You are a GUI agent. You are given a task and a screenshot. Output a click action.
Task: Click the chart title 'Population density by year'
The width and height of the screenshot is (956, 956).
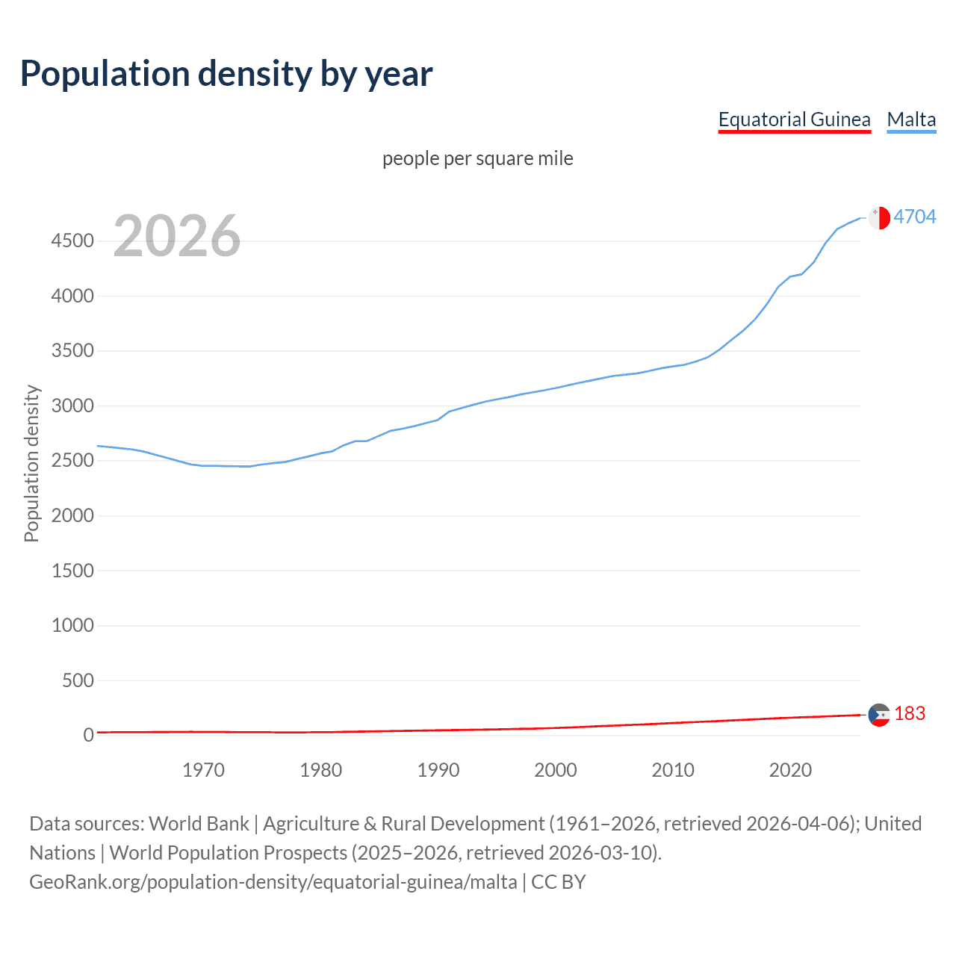(226, 74)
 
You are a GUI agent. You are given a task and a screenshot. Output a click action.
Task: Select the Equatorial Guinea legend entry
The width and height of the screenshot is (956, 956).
(794, 119)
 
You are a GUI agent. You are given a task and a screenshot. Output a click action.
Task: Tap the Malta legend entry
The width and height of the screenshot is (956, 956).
(911, 119)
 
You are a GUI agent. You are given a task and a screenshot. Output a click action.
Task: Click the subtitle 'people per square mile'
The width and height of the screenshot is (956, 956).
(477, 158)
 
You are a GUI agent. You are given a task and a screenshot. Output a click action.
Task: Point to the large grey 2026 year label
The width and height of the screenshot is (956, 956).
(177, 236)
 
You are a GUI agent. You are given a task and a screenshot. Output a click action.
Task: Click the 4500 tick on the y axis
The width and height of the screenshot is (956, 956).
(72, 241)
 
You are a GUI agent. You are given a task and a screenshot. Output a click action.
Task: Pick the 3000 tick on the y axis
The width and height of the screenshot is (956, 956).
(72, 406)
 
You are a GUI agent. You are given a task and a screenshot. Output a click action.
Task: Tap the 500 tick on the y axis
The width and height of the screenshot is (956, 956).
(78, 680)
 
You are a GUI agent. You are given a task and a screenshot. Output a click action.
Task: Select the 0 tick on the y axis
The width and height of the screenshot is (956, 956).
(88, 735)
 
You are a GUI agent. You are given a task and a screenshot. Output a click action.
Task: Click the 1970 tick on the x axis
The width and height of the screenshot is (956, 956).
(203, 770)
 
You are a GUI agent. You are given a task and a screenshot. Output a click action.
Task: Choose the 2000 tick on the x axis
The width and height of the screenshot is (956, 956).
(555, 770)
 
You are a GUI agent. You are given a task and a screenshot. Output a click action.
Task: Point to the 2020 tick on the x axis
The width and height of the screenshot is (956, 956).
(790, 770)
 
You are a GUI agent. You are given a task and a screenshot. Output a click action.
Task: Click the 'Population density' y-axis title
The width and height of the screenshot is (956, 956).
(31, 463)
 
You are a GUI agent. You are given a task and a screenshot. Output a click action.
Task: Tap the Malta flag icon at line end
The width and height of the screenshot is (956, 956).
(879, 217)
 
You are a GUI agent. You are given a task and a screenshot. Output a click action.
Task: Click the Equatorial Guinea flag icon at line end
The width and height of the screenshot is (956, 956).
(879, 715)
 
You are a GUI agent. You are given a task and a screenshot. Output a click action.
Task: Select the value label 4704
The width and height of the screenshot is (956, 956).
(914, 217)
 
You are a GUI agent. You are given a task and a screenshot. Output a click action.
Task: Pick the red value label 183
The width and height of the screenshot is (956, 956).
(909, 714)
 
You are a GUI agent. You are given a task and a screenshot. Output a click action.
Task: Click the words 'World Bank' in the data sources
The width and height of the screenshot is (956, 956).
(199, 824)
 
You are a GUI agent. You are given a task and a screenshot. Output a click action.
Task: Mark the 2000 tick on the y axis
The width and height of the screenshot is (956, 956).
(72, 516)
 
